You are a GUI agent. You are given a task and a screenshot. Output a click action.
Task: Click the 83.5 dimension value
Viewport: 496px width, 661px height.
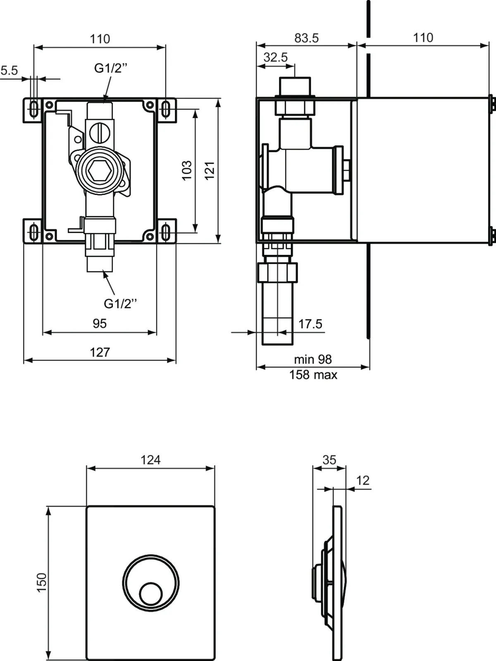pos(306,38)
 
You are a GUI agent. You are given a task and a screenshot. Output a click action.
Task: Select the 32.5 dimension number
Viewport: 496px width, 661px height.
pos(275,57)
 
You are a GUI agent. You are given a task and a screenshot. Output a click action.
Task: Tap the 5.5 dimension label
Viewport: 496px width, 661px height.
pos(9,71)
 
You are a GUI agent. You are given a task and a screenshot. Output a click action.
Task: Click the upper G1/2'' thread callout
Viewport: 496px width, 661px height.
pos(110,68)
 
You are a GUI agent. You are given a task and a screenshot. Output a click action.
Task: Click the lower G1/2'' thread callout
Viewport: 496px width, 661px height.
pos(120,304)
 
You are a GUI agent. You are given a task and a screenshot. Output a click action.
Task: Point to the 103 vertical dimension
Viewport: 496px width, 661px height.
pos(187,170)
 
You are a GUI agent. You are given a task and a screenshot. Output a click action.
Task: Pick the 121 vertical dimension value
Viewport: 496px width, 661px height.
pos(210,170)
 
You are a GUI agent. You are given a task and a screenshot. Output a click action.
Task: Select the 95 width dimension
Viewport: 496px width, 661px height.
pos(100,323)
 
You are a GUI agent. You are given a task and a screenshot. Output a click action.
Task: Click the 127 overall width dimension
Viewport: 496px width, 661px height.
pos(100,352)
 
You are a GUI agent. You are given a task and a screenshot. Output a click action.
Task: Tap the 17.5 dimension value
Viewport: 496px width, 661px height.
pos(310,324)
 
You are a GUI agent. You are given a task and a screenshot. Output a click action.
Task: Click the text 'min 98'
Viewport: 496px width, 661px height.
pos(313,359)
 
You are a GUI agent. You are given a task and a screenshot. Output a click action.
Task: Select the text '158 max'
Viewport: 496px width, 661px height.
pos(313,375)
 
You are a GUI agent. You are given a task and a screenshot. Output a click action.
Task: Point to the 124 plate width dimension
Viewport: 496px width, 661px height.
pos(150,460)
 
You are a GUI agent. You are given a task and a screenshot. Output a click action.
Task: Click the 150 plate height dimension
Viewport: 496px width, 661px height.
pos(42,583)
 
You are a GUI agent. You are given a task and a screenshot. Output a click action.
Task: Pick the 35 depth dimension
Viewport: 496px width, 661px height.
pos(329,460)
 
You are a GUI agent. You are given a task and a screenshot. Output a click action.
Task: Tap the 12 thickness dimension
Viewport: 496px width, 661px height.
pos(362,480)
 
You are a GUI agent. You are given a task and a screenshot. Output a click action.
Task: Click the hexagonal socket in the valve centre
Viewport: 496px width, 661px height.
pos(99,170)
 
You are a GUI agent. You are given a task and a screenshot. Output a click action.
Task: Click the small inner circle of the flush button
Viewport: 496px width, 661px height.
pos(150,594)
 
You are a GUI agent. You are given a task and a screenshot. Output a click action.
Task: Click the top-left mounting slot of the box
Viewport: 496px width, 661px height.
pos(33,109)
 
